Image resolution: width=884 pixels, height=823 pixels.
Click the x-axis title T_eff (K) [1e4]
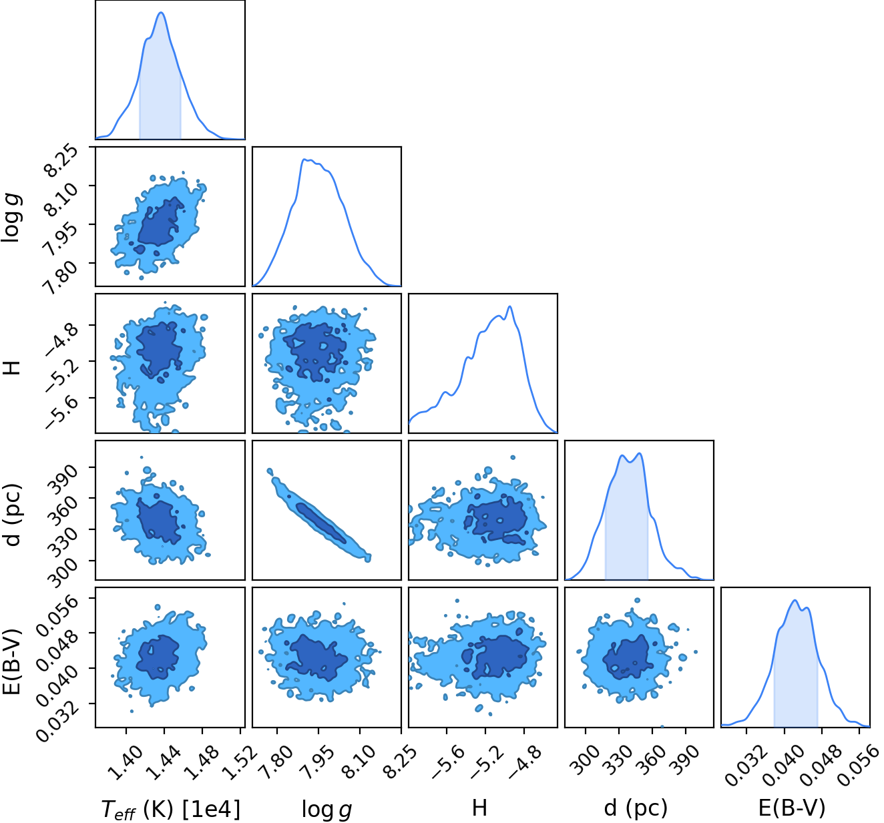coord(171,808)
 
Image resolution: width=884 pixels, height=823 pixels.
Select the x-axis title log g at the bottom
coord(326,809)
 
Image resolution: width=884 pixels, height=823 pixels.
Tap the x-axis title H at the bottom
coord(479,808)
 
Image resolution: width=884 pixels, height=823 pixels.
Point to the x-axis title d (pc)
coord(636,808)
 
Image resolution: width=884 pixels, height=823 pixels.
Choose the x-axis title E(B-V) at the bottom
coord(792,808)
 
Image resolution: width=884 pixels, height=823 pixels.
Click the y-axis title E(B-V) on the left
coord(12,662)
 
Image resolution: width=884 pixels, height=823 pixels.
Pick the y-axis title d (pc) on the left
coord(13,515)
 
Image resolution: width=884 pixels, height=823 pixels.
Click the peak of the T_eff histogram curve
coord(162,13)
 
